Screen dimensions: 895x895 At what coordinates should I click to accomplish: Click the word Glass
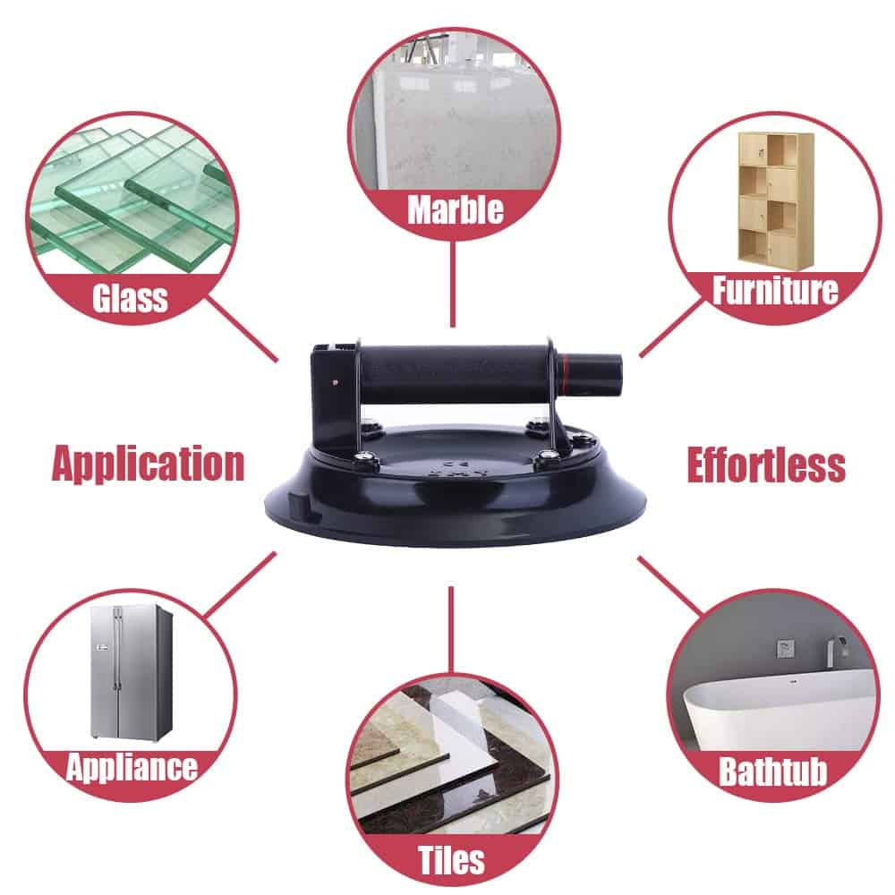(130, 298)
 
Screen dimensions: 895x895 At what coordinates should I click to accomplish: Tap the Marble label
(456, 209)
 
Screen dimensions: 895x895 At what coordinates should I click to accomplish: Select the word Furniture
(775, 290)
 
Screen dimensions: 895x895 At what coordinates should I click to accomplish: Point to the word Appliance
(132, 767)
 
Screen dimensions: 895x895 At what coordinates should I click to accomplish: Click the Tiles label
(451, 859)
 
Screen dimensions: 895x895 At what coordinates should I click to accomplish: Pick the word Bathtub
(773, 771)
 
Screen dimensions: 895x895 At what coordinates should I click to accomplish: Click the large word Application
(148, 464)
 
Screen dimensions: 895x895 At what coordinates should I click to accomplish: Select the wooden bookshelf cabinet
(775, 200)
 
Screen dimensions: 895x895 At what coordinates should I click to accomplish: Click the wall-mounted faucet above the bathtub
(835, 652)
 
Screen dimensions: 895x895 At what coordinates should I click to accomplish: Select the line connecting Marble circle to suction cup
(453, 284)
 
